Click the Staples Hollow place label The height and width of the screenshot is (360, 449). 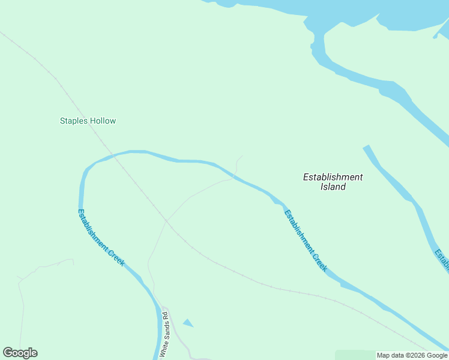[x=88, y=121]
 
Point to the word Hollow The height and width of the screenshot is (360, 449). [x=103, y=121]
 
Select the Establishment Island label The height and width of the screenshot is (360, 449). [x=333, y=182]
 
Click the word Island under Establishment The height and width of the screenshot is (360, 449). [x=333, y=187]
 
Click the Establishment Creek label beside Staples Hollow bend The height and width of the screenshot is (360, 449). [x=101, y=238]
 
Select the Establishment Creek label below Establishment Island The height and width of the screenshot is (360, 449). [x=306, y=241]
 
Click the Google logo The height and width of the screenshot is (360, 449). [x=20, y=353]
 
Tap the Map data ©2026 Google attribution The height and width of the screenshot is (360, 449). [x=412, y=355]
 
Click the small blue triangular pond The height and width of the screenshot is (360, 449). [x=188, y=323]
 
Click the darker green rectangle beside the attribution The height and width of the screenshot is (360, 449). [x=354, y=355]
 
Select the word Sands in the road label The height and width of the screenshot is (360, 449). [x=167, y=333]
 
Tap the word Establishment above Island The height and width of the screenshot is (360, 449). [x=333, y=177]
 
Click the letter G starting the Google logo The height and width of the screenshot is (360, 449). [x=8, y=353]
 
